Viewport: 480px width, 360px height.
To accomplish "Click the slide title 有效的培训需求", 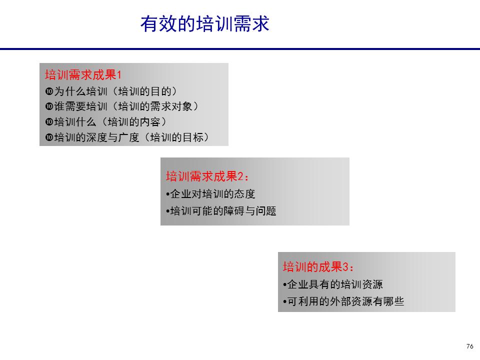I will click(x=204, y=23).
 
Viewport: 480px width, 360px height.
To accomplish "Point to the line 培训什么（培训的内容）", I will click(x=105, y=122).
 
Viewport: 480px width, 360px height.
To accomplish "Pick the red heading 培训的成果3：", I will click(x=318, y=267).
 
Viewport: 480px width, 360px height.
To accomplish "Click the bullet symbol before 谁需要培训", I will click(x=49, y=107).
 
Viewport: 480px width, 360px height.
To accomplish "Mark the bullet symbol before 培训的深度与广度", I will click(x=49, y=137).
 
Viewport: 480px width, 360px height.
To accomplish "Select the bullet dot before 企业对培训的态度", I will click(x=167, y=194).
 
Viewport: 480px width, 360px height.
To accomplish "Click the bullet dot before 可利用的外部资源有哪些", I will click(x=285, y=302).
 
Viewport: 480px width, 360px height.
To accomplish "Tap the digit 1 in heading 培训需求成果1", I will click(x=119, y=75).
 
